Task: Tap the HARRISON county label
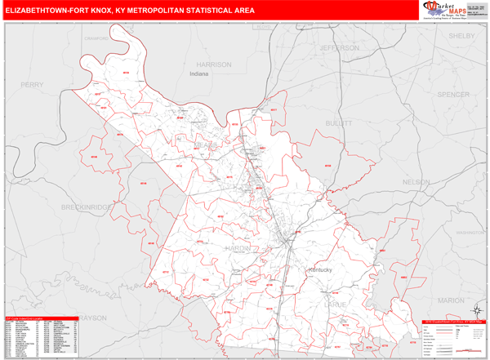214,64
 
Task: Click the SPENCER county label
453,95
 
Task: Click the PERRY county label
33,84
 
